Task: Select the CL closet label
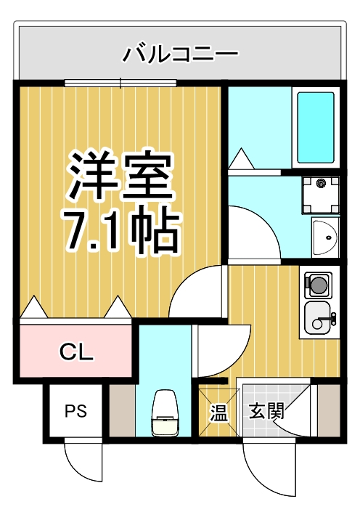pos(76,354)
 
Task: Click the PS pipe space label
pos(76,411)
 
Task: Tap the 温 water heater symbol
pos(218,412)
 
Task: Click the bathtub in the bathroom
pos(315,128)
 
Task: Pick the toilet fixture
pos(165,415)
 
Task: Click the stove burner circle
pos(318,284)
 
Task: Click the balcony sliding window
pos(120,82)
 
